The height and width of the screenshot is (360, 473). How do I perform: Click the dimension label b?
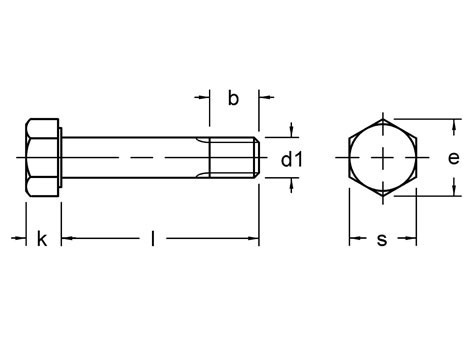click(x=233, y=98)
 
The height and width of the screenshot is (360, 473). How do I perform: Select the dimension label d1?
click(x=290, y=159)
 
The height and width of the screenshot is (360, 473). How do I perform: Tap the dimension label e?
click(x=453, y=158)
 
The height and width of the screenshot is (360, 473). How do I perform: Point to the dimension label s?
click(x=382, y=239)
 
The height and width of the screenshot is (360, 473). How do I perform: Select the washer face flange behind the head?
click(x=61, y=158)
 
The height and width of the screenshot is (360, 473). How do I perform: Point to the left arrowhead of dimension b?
click(x=206, y=97)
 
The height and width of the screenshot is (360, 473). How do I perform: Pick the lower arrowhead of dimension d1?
click(x=291, y=184)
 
